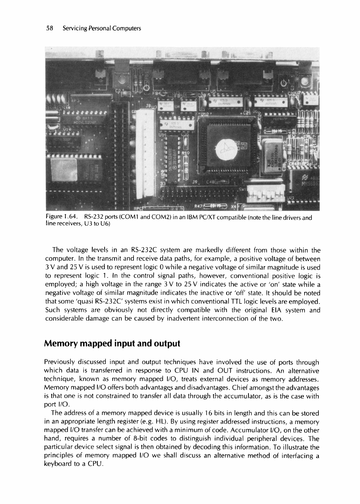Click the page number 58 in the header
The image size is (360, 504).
pos(49,28)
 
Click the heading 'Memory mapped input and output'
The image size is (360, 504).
pos(112,343)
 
